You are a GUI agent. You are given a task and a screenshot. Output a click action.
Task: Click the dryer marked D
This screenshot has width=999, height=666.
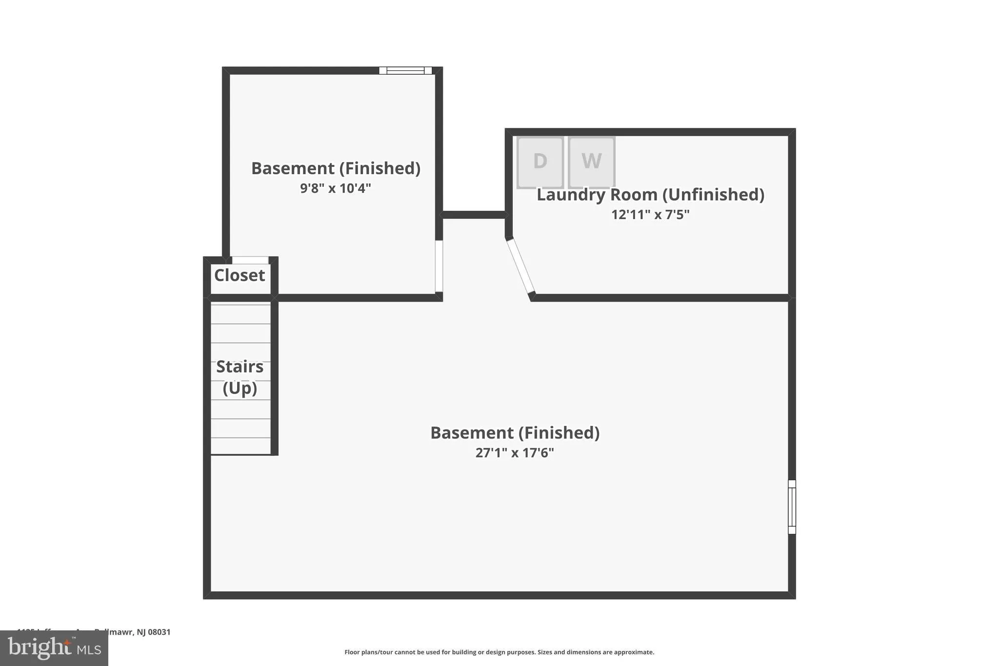click(540, 161)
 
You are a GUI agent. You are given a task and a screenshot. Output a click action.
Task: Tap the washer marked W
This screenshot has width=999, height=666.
click(591, 161)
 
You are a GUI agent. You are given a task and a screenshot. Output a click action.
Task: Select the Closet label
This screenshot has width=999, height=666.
click(240, 275)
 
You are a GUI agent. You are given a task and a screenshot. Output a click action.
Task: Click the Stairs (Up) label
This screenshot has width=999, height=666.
click(240, 377)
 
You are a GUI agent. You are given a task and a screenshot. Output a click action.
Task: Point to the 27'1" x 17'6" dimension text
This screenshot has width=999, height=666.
click(515, 453)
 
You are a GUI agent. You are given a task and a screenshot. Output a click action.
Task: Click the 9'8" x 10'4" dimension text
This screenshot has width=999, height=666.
click(336, 188)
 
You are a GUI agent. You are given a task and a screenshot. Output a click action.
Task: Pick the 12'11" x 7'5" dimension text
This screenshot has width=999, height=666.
click(650, 215)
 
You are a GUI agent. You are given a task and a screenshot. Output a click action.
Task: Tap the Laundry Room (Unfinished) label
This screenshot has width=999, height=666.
click(650, 195)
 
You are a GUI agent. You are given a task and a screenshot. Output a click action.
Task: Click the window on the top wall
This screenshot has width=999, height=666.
click(405, 71)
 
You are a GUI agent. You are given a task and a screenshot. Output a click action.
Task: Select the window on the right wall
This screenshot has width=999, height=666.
click(792, 507)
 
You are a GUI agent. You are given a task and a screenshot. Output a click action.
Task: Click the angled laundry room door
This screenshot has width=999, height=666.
click(520, 266)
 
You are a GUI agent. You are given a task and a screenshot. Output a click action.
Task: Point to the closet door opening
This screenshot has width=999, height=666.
click(250, 260)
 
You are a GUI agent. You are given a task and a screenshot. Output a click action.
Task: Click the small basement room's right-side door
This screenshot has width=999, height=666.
click(439, 266)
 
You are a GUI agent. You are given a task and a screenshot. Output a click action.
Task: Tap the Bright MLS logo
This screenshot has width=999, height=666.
click(54, 648)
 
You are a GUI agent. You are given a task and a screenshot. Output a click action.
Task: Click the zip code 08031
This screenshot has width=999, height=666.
click(159, 632)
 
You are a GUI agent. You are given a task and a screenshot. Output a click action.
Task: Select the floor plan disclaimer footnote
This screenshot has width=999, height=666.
click(499, 652)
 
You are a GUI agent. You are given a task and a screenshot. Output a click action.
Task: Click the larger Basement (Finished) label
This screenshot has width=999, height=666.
click(515, 433)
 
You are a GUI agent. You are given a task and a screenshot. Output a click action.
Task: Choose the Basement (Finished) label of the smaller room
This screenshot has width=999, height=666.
click(336, 168)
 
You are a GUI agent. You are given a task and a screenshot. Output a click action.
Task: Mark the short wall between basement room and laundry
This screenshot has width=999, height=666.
click(474, 215)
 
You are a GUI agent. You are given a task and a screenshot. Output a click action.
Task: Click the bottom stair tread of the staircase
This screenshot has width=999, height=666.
click(240, 446)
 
